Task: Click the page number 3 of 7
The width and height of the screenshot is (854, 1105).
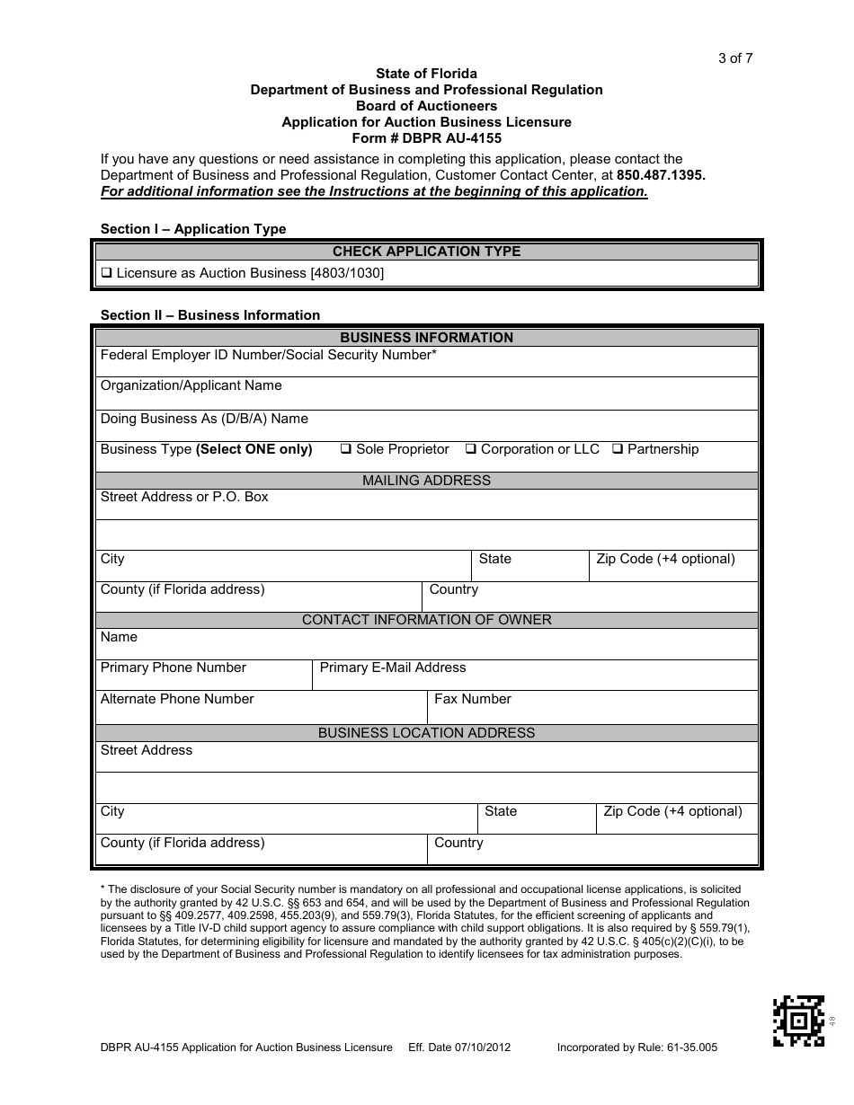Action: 734,58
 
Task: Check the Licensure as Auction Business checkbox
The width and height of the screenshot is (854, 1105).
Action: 106,273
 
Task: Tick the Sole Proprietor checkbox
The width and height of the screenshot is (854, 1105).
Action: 345,449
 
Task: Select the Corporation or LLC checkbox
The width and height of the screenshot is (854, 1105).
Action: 470,449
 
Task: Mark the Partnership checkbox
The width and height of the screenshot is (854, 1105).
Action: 618,449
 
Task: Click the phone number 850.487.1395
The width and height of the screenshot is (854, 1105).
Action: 661,175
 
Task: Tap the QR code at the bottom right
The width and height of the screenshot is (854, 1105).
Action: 798,1021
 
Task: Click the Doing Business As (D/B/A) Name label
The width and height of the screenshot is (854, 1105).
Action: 204,419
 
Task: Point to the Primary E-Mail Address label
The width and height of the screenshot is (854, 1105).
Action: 393,667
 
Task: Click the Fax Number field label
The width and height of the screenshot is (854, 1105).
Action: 472,699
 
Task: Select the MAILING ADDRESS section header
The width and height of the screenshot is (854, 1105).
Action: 426,481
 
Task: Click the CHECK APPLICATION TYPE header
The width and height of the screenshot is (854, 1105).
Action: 426,252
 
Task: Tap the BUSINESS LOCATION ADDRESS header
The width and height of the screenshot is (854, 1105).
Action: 426,733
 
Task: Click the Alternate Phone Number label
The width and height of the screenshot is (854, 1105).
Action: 177,699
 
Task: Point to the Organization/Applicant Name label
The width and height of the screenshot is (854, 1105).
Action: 191,385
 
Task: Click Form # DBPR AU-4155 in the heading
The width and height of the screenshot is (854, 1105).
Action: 426,138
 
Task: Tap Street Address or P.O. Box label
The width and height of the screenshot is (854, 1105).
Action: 184,497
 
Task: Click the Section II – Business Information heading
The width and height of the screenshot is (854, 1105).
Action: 210,315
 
